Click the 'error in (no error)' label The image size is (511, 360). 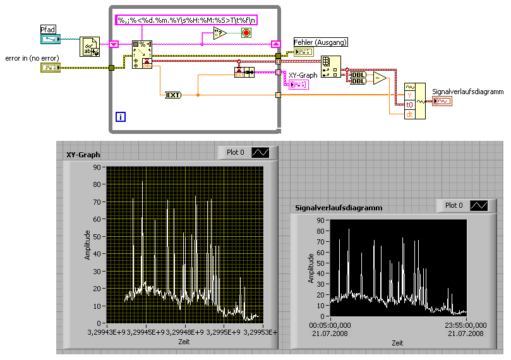pyautogui.click(x=32, y=58)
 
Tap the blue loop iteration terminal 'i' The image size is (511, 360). pyautogui.click(x=121, y=116)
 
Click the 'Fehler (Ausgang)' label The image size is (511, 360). pyautogui.click(x=321, y=42)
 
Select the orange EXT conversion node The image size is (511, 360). pyautogui.click(x=172, y=95)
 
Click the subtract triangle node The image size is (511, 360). pyautogui.click(x=380, y=78)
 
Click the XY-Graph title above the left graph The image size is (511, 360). pyautogui.click(x=83, y=154)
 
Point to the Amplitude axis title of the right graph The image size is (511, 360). pyautogui.click(x=312, y=268)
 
